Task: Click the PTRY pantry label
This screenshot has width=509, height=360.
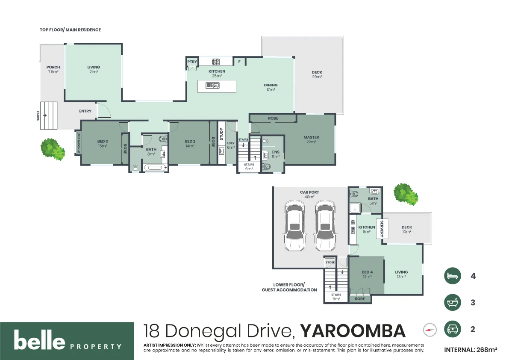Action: (x=191, y=62)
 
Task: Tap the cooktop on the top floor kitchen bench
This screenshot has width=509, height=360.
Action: (x=216, y=62)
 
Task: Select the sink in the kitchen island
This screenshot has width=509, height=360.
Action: (x=213, y=86)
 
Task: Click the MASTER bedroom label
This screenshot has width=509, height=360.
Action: (x=311, y=137)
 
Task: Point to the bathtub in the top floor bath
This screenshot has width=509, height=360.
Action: (x=155, y=168)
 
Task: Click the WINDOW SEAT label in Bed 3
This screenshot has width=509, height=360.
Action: (x=79, y=143)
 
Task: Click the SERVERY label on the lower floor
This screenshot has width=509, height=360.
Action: (x=382, y=229)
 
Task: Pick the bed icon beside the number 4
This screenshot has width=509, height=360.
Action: (x=453, y=276)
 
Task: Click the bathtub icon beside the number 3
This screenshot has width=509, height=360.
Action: (x=453, y=303)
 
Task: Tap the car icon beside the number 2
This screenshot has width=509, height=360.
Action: (x=453, y=329)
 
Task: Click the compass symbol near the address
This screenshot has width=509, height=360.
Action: (x=430, y=330)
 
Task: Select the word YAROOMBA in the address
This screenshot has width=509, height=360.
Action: (x=353, y=331)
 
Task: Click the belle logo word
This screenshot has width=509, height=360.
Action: (x=39, y=341)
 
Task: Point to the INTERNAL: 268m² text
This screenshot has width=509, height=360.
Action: (x=471, y=350)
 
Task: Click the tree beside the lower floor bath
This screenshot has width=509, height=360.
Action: (x=406, y=194)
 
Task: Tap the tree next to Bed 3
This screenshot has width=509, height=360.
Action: (x=53, y=150)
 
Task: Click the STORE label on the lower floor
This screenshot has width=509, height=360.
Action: (x=330, y=262)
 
